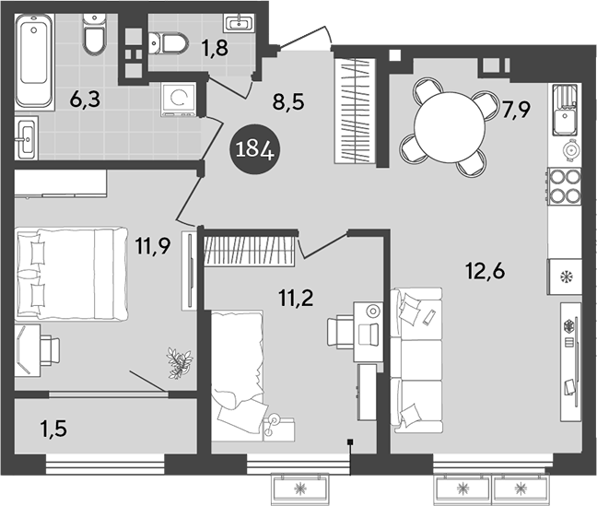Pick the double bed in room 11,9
click(69, 275)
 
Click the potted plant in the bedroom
click(178, 362)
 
